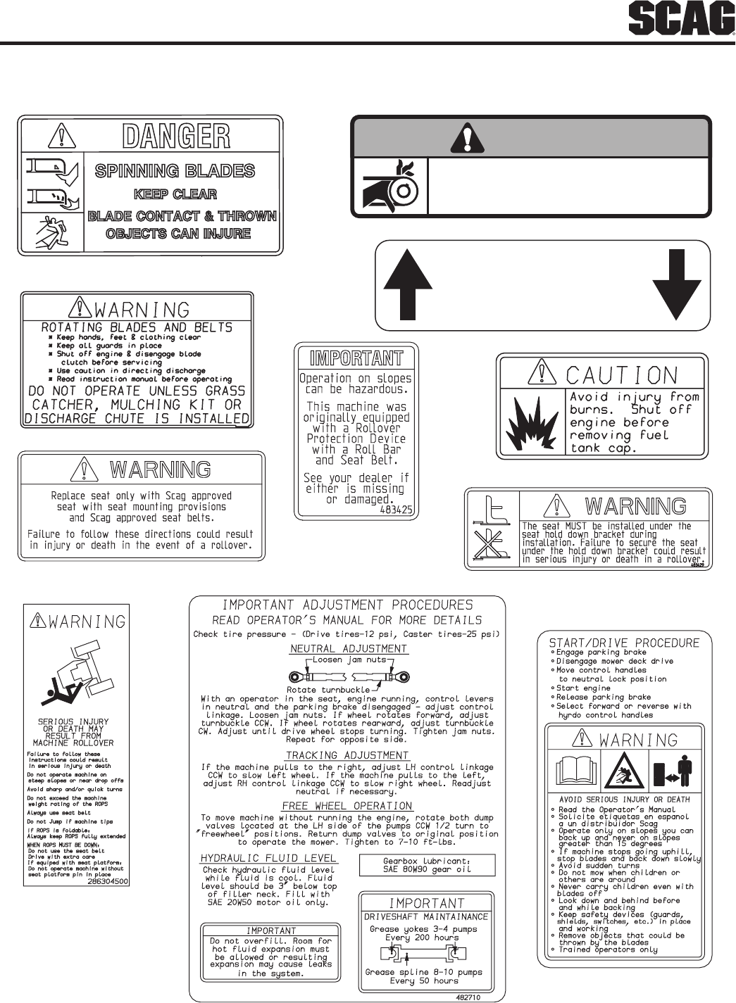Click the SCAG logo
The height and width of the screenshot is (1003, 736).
(682, 20)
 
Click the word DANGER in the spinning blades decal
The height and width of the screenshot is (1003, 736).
(176, 137)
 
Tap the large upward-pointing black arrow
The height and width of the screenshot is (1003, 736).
(407, 285)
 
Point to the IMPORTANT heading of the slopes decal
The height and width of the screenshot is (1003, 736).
(356, 358)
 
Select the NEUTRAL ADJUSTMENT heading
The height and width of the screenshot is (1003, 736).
(349, 648)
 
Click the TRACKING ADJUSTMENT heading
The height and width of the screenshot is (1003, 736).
(347, 755)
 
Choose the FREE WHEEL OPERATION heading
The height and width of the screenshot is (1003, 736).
(347, 806)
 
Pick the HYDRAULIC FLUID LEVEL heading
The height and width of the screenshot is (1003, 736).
(269, 858)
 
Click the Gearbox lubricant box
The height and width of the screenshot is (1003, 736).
(427, 864)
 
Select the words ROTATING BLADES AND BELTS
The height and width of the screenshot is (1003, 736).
(137, 327)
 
